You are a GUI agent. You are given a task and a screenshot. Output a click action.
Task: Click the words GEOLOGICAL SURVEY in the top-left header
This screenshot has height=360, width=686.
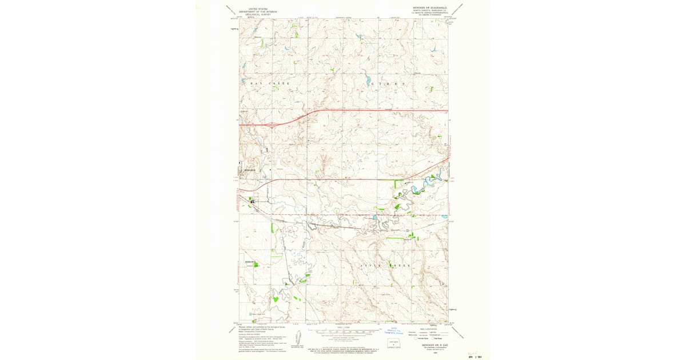[x=254, y=15]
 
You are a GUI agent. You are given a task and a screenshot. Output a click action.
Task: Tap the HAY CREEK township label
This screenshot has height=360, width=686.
[x=270, y=83]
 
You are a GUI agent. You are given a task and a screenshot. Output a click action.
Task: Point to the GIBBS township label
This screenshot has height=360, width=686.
[x=388, y=83]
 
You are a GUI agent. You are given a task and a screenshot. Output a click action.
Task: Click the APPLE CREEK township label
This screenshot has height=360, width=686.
[x=385, y=266]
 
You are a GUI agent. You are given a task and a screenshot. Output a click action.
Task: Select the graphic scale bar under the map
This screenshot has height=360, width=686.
[x=343, y=331]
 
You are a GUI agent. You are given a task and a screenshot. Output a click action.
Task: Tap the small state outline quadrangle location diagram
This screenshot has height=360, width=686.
[x=393, y=344]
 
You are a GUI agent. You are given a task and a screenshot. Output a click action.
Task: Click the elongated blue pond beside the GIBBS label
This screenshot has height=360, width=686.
[x=368, y=81]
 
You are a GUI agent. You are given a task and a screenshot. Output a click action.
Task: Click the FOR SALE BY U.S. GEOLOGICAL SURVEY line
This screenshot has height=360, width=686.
[x=343, y=347]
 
